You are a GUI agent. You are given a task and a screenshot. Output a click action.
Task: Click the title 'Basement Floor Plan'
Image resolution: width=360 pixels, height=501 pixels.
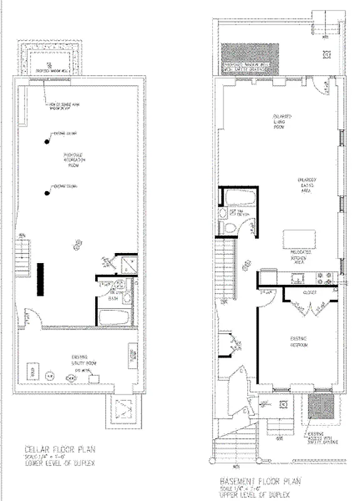260,482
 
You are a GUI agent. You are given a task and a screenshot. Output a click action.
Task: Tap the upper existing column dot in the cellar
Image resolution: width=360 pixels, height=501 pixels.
46,141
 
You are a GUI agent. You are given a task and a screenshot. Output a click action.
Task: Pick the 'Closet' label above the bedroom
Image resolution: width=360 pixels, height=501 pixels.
311,292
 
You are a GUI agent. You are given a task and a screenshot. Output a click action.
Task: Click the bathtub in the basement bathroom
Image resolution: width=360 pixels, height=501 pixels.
240,198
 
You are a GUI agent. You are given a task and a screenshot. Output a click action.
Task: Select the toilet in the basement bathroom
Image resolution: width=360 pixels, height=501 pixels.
230,227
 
